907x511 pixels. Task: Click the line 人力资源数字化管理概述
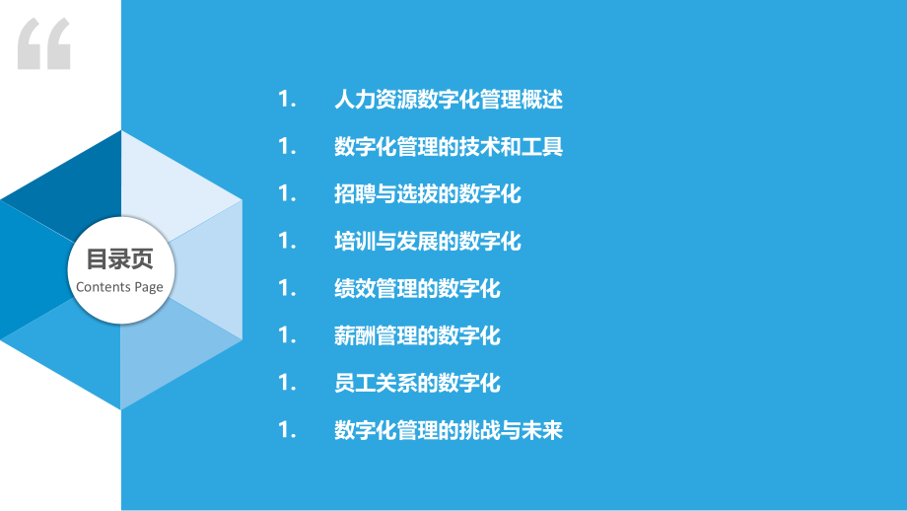click(448, 100)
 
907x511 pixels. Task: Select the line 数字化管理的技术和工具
click(448, 147)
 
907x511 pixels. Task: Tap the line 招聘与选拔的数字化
click(427, 194)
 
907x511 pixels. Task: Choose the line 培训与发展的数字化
click(427, 242)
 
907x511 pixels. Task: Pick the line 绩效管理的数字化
click(417, 289)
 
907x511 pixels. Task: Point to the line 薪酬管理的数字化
click(417, 336)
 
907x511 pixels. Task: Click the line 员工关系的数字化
click(417, 383)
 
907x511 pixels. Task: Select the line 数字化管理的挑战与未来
click(448, 430)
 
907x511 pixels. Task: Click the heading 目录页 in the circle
click(119, 260)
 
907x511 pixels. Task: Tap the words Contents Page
click(119, 287)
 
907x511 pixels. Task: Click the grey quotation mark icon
click(44, 43)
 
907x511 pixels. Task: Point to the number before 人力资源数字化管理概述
click(288, 100)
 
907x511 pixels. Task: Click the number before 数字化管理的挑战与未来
click(288, 430)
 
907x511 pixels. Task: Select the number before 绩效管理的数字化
click(288, 289)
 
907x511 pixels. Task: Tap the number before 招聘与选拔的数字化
click(288, 194)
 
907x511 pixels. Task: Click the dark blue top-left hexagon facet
click(69, 182)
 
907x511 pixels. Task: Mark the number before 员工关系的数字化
click(288, 383)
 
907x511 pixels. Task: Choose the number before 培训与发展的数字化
click(288, 242)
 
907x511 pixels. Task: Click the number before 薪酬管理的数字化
click(288, 336)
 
